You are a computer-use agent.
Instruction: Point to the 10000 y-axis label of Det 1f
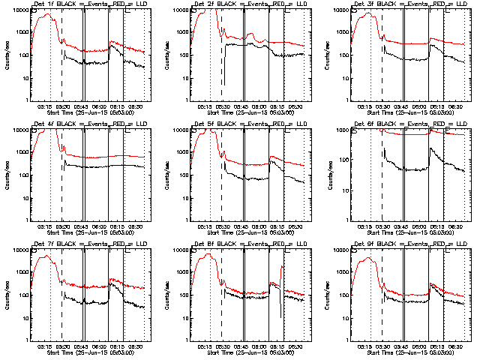(x=19, y=10)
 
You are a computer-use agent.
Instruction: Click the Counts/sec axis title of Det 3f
(x=328, y=55)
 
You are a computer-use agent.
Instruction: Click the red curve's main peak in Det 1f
(x=46, y=13)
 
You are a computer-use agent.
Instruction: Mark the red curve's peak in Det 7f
(x=47, y=256)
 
